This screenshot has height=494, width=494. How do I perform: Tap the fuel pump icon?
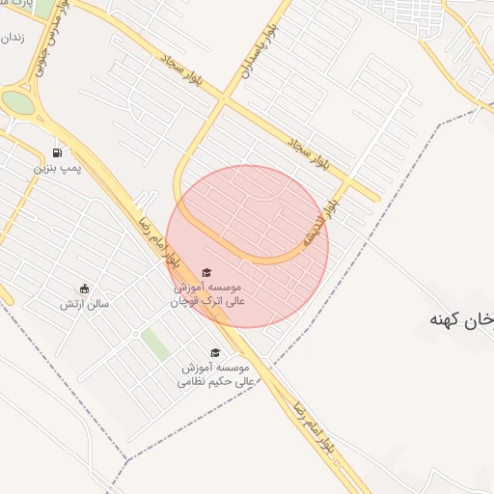(x=58, y=152)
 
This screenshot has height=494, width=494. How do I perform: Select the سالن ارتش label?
(x=85, y=305)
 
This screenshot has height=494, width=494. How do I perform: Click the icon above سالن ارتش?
(x=84, y=288)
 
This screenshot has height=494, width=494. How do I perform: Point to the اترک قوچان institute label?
(x=208, y=294)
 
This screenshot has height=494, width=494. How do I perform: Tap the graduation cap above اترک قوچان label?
(x=206, y=273)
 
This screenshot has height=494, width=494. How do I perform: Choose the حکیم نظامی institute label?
(x=213, y=374)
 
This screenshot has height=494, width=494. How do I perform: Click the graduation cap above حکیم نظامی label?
(x=214, y=353)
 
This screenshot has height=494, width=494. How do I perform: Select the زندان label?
(x=11, y=39)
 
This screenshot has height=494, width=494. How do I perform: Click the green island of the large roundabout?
(x=17, y=101)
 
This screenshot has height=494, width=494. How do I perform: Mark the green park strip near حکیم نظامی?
(x=153, y=343)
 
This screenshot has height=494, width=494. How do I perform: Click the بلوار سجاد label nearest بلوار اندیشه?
(x=307, y=154)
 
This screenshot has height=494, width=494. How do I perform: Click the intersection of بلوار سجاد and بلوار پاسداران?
(x=223, y=98)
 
